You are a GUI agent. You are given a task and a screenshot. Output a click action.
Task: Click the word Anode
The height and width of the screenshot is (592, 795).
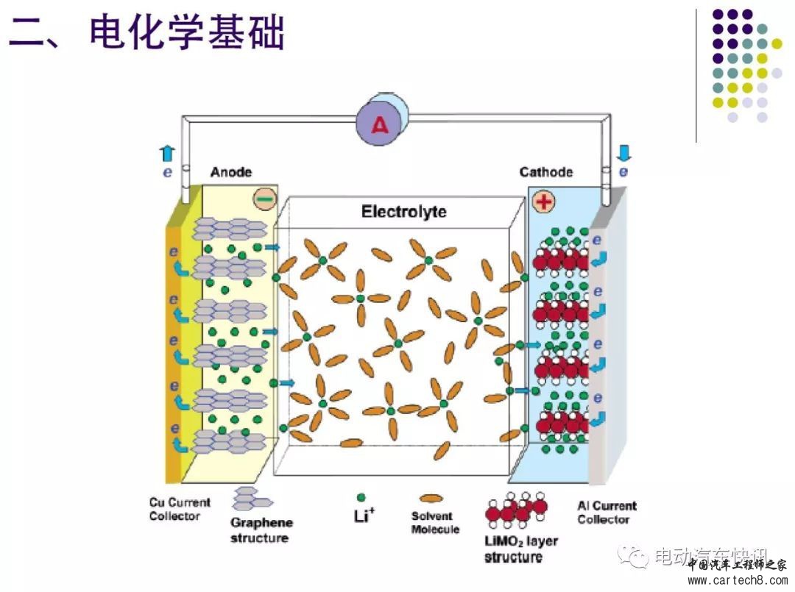(230, 172)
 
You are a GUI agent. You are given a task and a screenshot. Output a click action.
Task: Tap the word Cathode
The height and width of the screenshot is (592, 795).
(545, 172)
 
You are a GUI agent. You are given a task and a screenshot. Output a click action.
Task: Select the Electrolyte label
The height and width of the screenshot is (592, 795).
(403, 213)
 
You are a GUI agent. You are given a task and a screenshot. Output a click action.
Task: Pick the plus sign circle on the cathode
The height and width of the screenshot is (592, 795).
(543, 202)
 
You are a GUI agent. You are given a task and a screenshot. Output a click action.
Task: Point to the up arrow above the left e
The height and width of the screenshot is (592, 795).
(167, 153)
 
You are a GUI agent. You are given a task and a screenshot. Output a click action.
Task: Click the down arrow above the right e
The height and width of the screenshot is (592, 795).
(623, 153)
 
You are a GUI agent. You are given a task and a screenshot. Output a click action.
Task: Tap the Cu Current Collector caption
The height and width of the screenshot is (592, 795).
(179, 509)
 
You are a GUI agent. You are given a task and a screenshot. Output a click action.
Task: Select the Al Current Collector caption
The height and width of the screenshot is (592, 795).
(607, 512)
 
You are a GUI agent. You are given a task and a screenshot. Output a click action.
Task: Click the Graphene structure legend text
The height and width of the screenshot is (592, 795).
(261, 530)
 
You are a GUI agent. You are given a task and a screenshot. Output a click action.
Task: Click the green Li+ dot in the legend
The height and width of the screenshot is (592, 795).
(361, 498)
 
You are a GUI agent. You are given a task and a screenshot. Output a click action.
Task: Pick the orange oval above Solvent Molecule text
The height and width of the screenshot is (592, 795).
(431, 499)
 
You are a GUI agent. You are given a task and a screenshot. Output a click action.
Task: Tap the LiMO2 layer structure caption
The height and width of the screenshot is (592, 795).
(520, 549)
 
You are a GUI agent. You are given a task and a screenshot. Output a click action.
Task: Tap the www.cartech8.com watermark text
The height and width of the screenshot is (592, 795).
(736, 580)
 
